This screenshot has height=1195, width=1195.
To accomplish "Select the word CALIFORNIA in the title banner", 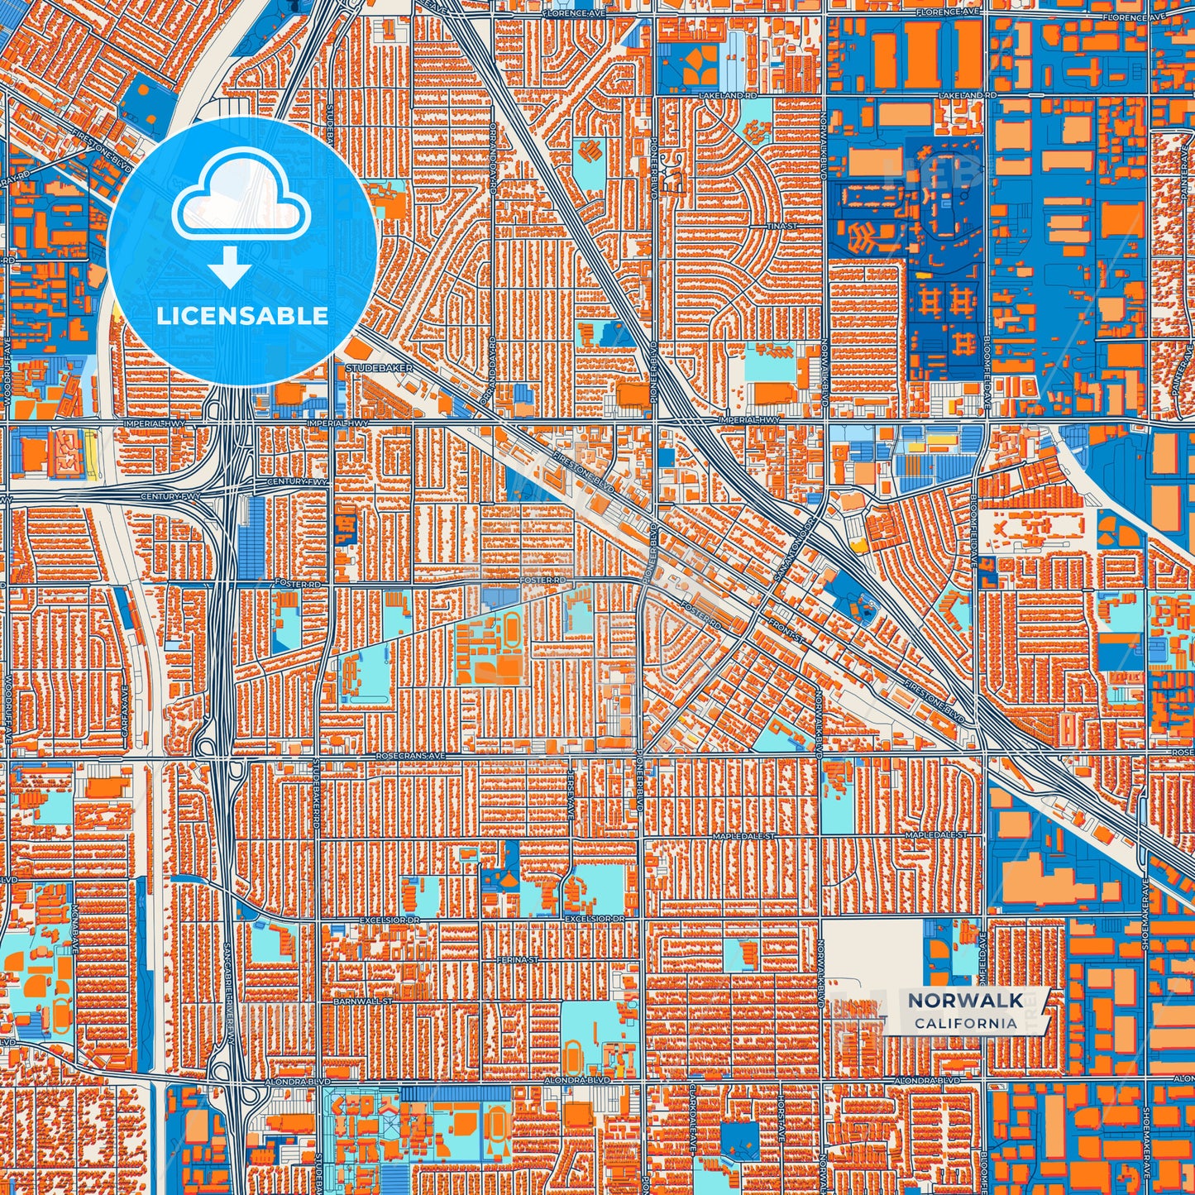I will click(965, 1023).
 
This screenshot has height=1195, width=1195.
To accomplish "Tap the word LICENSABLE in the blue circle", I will click(241, 316).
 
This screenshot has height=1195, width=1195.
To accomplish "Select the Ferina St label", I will click(524, 960).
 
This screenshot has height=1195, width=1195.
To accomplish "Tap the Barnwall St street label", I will click(356, 1001).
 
